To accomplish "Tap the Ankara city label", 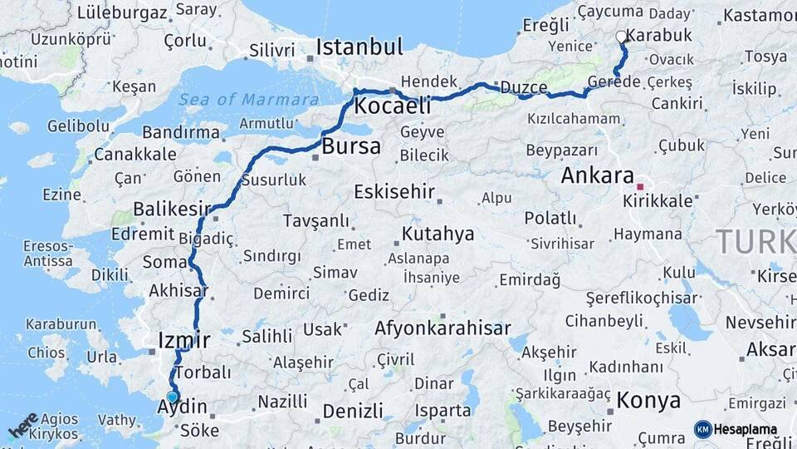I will [598, 175].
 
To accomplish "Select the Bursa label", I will [351, 147].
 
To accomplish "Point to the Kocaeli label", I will [393, 106].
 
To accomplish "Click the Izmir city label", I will [183, 339].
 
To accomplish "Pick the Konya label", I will [648, 401].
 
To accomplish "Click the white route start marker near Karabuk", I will [621, 37].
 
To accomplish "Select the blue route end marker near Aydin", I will [172, 397].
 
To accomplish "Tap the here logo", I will [22, 426].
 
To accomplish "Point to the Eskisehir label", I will [394, 192].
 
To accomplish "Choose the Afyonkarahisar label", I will [443, 328].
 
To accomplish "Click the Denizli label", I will [353, 411].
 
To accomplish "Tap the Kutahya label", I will [438, 233].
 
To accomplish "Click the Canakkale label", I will [134, 155].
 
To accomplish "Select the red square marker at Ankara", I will [640, 186].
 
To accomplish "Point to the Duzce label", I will [523, 88].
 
